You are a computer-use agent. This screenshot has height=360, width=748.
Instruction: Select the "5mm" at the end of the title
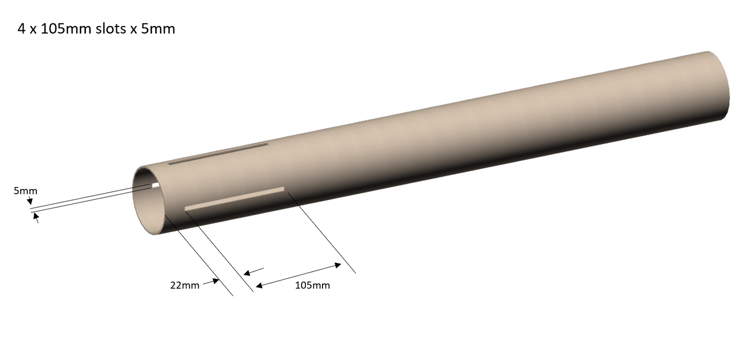pyautogui.click(x=158, y=29)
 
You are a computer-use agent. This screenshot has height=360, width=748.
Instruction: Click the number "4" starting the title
pyautogui.click(x=21, y=29)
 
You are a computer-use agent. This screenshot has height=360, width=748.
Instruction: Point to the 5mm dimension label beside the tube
pyautogui.click(x=25, y=191)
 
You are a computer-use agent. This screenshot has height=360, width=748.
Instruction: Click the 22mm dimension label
pyautogui.click(x=185, y=285)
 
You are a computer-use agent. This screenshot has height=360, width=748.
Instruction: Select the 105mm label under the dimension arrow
pyautogui.click(x=312, y=285)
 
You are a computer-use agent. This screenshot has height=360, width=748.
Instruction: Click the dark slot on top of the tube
pyautogui.click(x=218, y=154)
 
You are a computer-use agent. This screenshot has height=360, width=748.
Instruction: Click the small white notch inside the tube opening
pyautogui.click(x=155, y=185)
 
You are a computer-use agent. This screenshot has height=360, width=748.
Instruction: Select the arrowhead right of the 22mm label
pyautogui.click(x=216, y=281)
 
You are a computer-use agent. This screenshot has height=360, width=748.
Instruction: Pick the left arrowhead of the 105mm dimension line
pyautogui.click(x=259, y=285)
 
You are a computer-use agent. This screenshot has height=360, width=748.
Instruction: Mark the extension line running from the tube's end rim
pyautogui.click(x=199, y=256)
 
